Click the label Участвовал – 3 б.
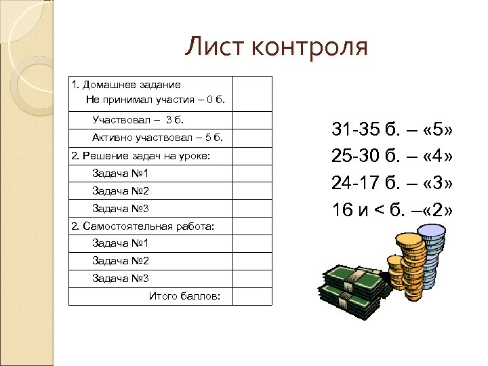pos(138,120)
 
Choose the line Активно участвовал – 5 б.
pos(157,138)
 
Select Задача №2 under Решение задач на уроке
pos(120,190)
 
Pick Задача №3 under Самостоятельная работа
pos(120,279)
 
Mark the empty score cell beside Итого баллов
pos(252,296)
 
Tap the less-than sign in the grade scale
pos(380,210)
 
